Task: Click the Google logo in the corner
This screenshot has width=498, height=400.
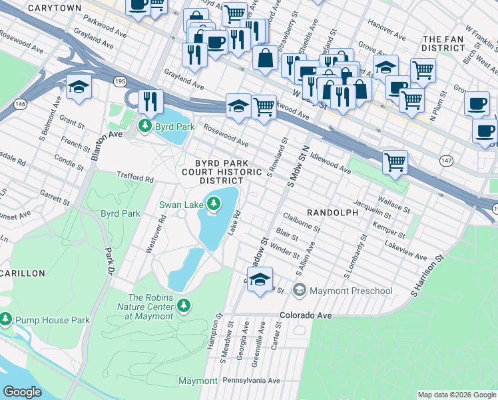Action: pos(23,392)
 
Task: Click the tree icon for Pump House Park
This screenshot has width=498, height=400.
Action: pos(6,319)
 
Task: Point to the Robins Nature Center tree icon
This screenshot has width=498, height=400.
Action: pos(183,307)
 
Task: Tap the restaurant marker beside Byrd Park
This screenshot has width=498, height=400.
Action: pos(150,101)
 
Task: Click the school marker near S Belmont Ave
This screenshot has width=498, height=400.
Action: pos(79,87)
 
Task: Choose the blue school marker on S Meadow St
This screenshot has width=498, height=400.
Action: pos(260,278)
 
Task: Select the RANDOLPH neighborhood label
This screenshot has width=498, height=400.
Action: pos(332,211)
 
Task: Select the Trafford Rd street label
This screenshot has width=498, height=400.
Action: pos(135,179)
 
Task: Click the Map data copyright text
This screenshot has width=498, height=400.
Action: pos(457,395)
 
